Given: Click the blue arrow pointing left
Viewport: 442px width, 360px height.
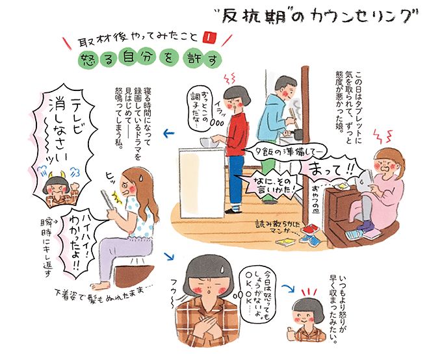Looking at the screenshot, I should [x=171, y=135].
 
